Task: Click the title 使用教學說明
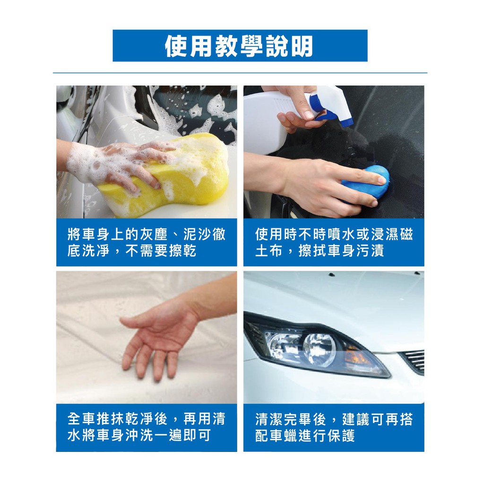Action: click(240, 46)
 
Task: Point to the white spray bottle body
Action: click(272, 121)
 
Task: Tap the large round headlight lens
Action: click(320, 347)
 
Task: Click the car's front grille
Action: click(414, 361)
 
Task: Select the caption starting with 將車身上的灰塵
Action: click(147, 242)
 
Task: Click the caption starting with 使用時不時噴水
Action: click(334, 242)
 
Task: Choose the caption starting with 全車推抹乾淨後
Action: click(147, 427)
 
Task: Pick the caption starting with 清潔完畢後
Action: click(334, 427)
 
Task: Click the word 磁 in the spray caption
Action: click(406, 234)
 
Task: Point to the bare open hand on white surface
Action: click(157, 333)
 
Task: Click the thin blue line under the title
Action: click(240, 73)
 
